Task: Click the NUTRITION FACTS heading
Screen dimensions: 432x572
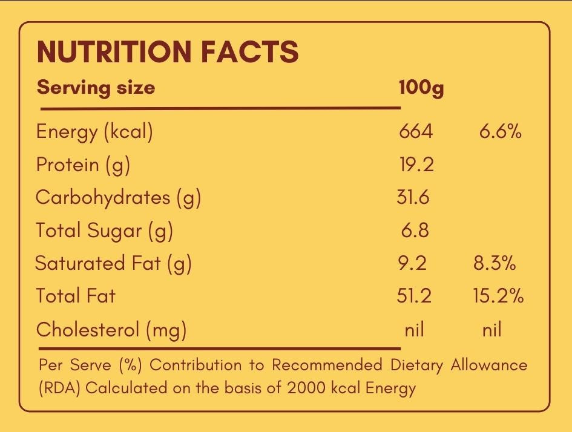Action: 168,52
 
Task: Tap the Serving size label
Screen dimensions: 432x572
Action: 96,88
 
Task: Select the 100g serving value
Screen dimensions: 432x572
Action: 421,88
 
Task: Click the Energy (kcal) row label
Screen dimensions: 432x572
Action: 94,132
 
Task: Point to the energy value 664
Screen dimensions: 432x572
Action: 416,131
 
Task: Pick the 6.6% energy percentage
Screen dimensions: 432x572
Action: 500,131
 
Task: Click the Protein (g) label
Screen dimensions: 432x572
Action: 83,165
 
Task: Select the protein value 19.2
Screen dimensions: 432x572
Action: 416,164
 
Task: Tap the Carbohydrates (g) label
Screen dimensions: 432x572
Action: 118,198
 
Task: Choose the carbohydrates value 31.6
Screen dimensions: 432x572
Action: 413,197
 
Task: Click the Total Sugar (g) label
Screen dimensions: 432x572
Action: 104,231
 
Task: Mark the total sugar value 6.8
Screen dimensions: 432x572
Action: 415,230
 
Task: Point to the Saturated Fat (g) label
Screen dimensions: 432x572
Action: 113,263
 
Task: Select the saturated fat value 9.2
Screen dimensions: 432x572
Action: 413,263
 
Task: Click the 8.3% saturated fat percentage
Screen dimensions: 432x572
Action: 495,263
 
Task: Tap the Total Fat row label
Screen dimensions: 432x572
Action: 75,296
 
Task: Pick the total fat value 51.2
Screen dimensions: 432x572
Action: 414,296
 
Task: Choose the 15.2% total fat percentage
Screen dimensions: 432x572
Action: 498,296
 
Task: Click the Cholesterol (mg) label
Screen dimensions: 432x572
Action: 111,330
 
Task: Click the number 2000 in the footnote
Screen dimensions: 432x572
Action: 307,387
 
